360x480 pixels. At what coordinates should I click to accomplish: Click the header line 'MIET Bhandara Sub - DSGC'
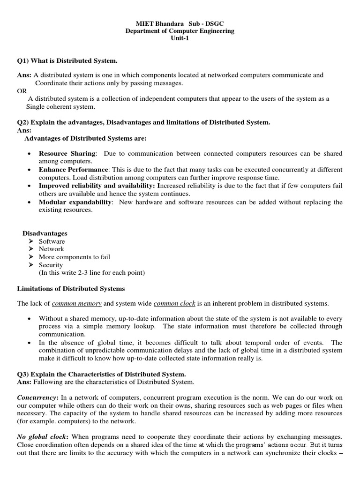(x=180, y=23)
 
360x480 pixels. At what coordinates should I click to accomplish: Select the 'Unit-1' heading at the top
(x=180, y=38)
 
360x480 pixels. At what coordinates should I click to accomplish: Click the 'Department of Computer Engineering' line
(x=180, y=31)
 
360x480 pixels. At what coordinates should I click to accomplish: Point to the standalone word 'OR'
(x=22, y=91)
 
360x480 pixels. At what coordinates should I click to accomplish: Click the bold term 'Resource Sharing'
(x=67, y=154)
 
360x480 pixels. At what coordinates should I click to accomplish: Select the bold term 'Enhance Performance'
(x=74, y=170)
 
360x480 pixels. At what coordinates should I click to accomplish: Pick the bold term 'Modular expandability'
(x=75, y=202)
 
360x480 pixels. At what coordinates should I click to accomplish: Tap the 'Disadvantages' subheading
(x=45, y=233)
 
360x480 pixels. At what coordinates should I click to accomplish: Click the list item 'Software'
(x=52, y=241)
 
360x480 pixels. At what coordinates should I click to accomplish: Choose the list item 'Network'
(x=51, y=249)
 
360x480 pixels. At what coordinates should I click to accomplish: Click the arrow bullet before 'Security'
(x=31, y=265)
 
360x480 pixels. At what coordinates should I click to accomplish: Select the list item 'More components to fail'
(x=75, y=257)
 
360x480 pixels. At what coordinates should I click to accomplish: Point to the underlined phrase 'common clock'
(x=174, y=304)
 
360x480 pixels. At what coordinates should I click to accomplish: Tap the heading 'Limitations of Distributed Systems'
(x=71, y=288)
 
